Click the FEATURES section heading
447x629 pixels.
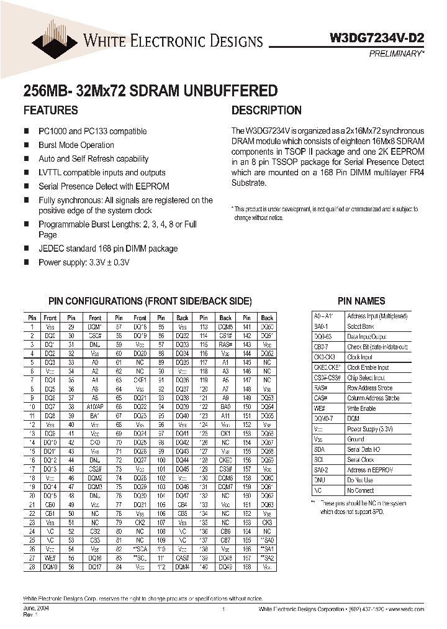(x=50, y=111)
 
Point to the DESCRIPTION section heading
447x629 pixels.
(x=266, y=111)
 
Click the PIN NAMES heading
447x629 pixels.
(x=361, y=301)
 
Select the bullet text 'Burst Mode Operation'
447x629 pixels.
(x=76, y=145)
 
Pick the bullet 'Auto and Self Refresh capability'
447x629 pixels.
(x=93, y=158)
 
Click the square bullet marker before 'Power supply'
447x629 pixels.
(x=26, y=262)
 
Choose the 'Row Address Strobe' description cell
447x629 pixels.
(x=370, y=388)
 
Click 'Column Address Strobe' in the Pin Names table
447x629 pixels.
(x=374, y=398)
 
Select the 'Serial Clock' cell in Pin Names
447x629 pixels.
(x=361, y=459)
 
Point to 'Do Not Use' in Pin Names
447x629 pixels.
(x=360, y=480)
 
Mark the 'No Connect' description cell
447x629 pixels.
(x=361, y=490)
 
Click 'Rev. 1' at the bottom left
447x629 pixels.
(x=30, y=616)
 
